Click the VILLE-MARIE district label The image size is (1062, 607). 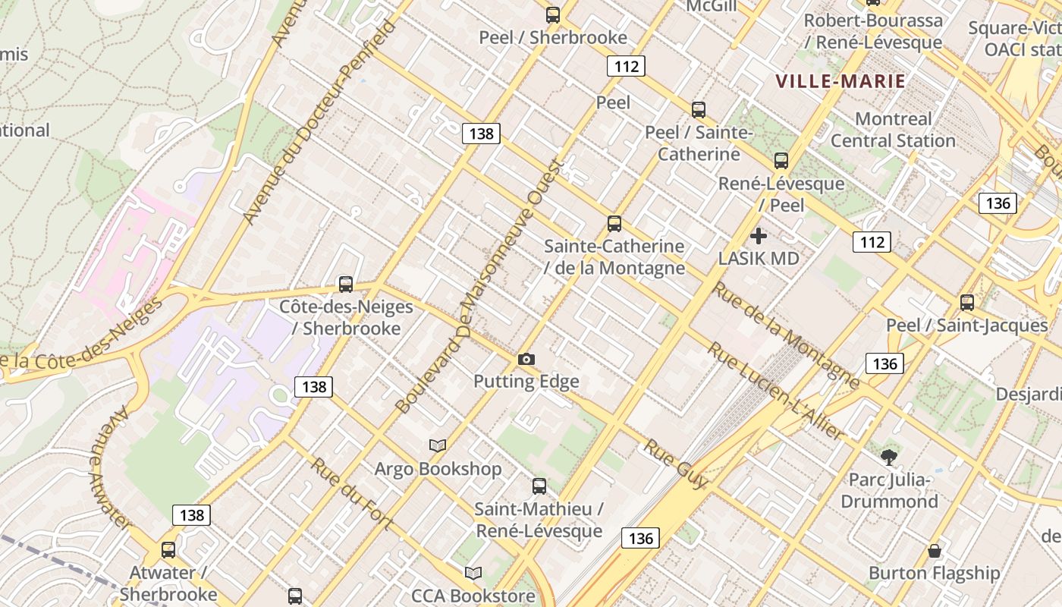tap(840, 81)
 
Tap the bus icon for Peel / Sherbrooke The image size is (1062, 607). tap(553, 14)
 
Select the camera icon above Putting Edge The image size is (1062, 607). tap(526, 359)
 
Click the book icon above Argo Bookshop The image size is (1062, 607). tap(438, 445)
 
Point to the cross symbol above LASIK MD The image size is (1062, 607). tap(758, 236)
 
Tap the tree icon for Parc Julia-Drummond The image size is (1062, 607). tap(889, 457)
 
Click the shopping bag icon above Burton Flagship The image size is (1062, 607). tap(935, 550)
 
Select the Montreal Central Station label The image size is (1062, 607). tap(893, 130)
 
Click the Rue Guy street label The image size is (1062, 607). tap(675, 464)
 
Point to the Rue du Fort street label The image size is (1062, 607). tap(350, 494)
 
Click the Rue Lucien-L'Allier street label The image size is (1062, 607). tap(775, 391)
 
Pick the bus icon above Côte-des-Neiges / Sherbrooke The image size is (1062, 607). tap(346, 285)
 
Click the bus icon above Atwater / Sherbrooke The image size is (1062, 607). tap(168, 550)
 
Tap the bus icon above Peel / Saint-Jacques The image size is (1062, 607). tap(967, 302)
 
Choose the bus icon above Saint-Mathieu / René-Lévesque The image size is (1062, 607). tap(539, 486)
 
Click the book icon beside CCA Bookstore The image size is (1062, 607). tap(473, 573)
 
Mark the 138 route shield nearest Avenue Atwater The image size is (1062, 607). tap(191, 515)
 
